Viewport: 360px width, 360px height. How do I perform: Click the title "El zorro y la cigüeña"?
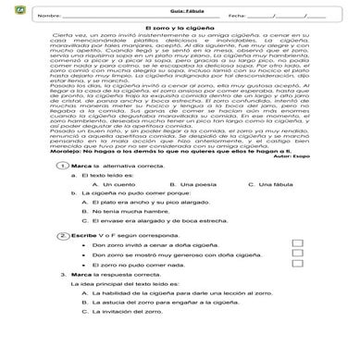pos(180,30)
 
